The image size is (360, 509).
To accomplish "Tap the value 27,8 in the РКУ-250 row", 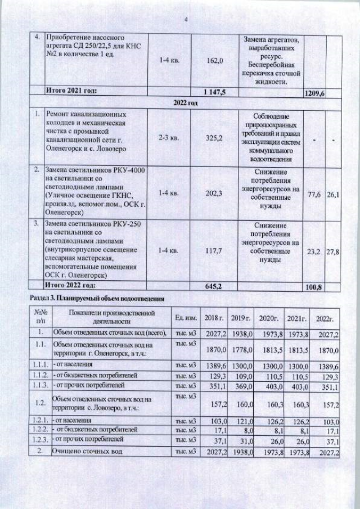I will [334, 253].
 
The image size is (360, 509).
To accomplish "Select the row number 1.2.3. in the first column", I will [39, 439].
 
